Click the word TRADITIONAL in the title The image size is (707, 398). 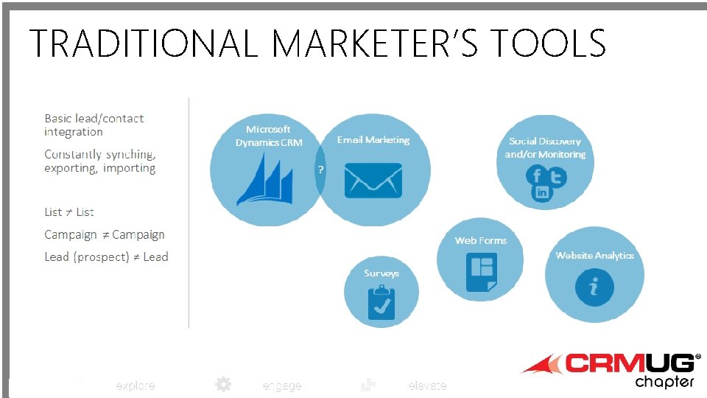143,43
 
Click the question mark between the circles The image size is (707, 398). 320,170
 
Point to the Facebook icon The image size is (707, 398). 536,176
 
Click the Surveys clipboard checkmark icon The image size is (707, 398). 381,302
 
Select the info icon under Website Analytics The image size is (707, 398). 594,286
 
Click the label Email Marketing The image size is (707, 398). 373,140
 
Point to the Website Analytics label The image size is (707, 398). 594,256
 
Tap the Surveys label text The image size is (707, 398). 381,273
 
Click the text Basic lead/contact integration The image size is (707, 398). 94,125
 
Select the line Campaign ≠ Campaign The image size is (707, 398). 104,235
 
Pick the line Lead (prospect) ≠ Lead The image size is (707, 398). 106,257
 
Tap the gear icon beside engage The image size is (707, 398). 223,384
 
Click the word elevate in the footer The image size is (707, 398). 427,386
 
